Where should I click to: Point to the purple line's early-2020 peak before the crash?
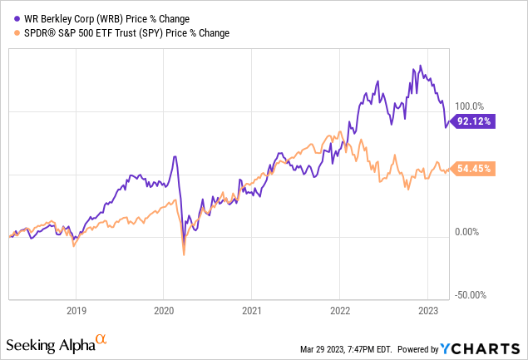click(x=175, y=156)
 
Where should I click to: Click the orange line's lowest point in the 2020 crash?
click(x=184, y=255)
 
